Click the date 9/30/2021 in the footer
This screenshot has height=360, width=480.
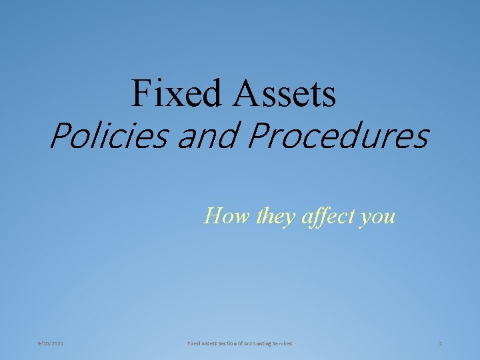point(51,343)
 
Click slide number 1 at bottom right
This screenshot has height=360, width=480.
point(441,343)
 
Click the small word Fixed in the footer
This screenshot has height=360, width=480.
point(194,343)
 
